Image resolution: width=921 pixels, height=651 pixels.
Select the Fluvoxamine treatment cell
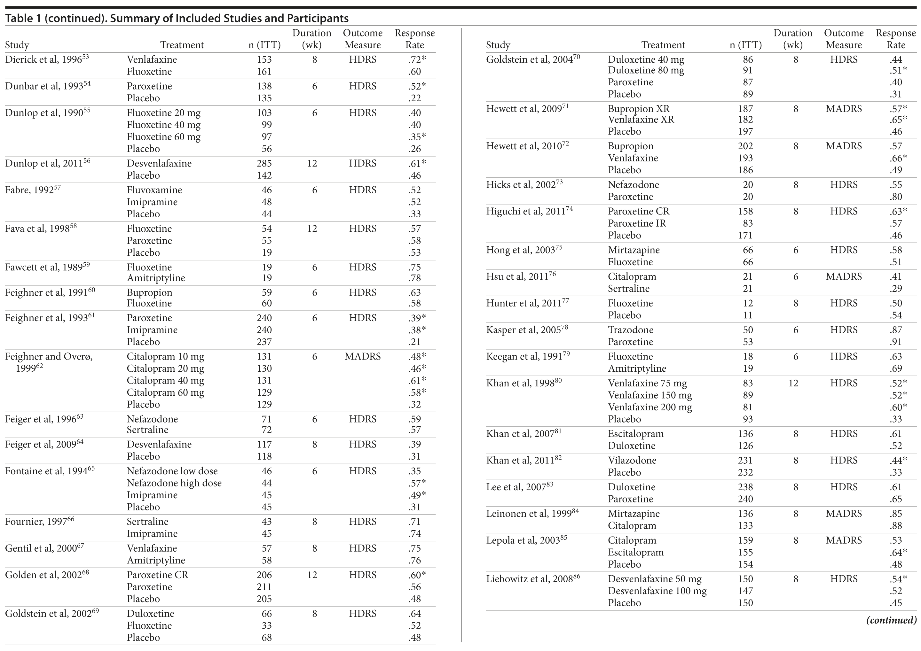point(154,190)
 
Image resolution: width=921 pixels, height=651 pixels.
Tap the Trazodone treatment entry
point(630,330)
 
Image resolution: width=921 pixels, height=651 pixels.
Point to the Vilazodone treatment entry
point(632,460)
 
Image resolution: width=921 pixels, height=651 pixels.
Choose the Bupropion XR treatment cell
point(638,109)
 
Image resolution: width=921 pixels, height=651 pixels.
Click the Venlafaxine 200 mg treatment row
point(649,407)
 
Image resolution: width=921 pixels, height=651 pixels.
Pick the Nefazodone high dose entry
point(174,483)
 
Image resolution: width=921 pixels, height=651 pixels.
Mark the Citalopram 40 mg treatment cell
point(165,380)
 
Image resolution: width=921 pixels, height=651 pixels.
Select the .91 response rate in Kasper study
point(895,342)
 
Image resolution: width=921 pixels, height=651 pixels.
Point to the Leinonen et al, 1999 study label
point(528,514)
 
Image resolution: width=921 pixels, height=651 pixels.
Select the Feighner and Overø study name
point(49,356)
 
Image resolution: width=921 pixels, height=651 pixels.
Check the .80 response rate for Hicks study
point(895,197)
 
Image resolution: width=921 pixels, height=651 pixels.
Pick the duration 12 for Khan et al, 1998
point(793,383)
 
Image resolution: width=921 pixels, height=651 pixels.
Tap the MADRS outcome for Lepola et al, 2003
point(843,540)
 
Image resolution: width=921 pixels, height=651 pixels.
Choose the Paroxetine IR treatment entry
point(637,223)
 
